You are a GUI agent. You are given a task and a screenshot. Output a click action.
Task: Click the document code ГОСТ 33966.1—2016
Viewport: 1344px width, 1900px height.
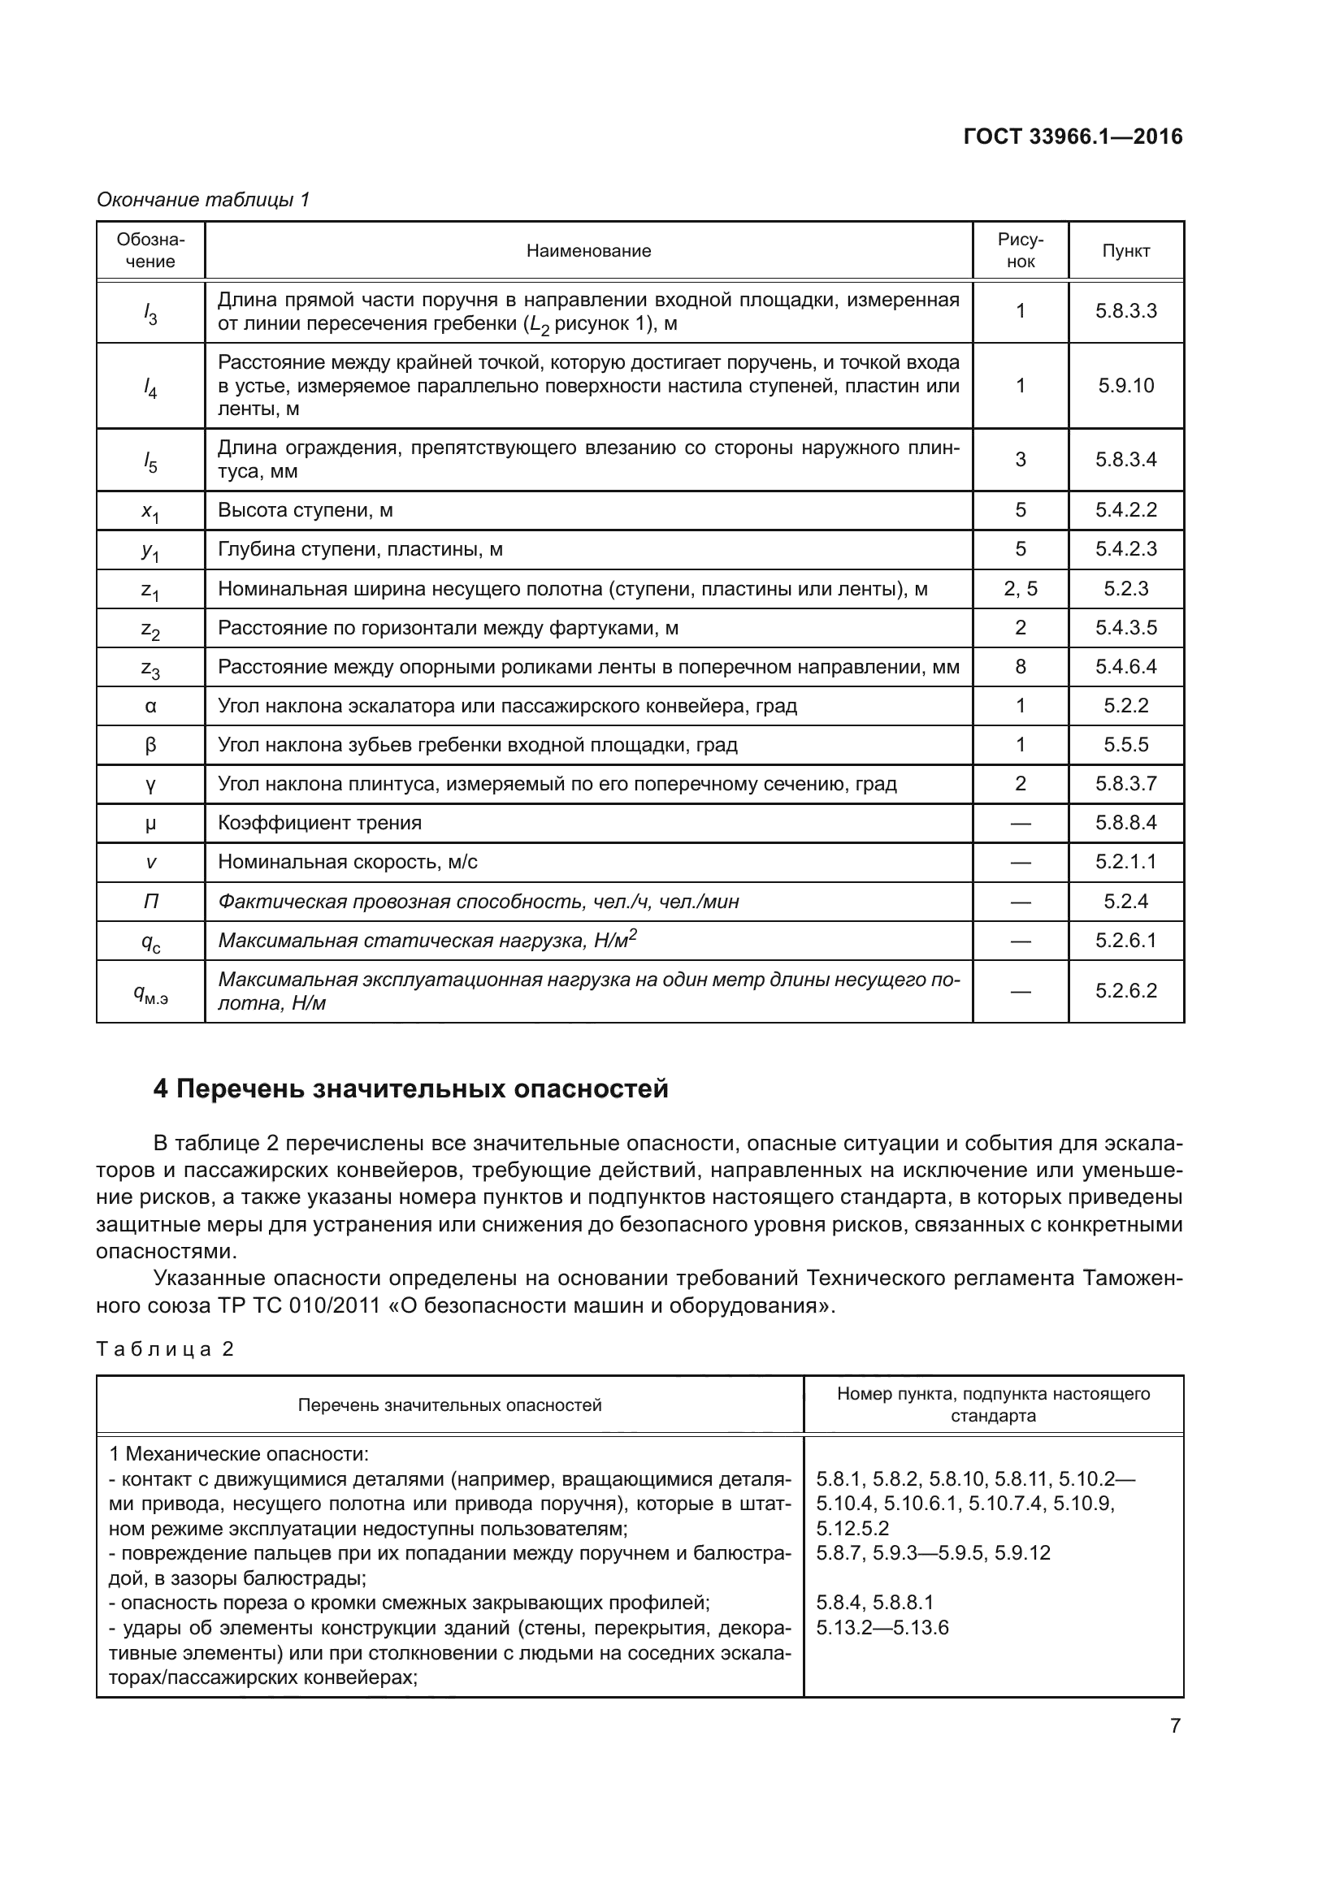tap(1073, 136)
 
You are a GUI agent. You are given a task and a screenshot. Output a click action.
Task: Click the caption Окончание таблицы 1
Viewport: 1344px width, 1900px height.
tap(203, 200)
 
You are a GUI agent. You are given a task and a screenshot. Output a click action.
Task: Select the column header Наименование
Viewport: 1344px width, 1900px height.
tap(588, 251)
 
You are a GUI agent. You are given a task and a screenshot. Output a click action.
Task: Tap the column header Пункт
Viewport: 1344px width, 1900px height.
tap(1125, 251)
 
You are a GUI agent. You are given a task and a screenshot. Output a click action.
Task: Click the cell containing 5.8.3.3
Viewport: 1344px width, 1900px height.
tap(1125, 311)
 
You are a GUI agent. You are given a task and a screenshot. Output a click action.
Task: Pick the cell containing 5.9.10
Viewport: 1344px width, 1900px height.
tap(1125, 386)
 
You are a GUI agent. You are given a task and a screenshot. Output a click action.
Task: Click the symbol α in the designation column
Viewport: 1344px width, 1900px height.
tap(150, 706)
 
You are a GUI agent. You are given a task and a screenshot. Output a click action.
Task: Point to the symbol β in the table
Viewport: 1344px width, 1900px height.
tap(150, 745)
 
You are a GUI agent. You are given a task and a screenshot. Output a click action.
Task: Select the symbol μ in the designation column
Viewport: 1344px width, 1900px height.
tap(150, 824)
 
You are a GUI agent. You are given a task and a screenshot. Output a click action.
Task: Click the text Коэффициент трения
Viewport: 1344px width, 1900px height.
tap(319, 824)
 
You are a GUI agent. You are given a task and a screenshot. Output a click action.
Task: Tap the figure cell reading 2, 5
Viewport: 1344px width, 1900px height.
tap(1020, 588)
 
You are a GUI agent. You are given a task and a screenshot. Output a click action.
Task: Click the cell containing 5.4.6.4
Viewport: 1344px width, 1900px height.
tap(1125, 667)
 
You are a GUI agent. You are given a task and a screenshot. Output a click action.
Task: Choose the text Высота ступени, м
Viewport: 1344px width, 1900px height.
tap(306, 511)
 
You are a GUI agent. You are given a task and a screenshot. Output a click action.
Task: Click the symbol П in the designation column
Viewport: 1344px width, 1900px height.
tap(150, 901)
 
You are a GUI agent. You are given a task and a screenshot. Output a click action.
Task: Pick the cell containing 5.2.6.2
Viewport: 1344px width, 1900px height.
tap(1125, 990)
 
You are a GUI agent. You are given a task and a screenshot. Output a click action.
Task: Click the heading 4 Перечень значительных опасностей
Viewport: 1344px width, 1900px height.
tap(410, 1089)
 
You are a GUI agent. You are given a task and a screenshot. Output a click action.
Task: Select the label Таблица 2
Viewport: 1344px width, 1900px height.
tap(166, 1350)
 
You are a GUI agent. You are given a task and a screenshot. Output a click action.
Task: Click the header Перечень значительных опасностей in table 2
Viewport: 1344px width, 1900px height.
tap(449, 1405)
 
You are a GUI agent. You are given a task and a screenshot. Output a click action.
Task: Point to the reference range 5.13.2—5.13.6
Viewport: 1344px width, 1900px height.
tap(882, 1628)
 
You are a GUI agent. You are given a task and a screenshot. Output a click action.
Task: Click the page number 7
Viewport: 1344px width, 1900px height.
tap(1174, 1726)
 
